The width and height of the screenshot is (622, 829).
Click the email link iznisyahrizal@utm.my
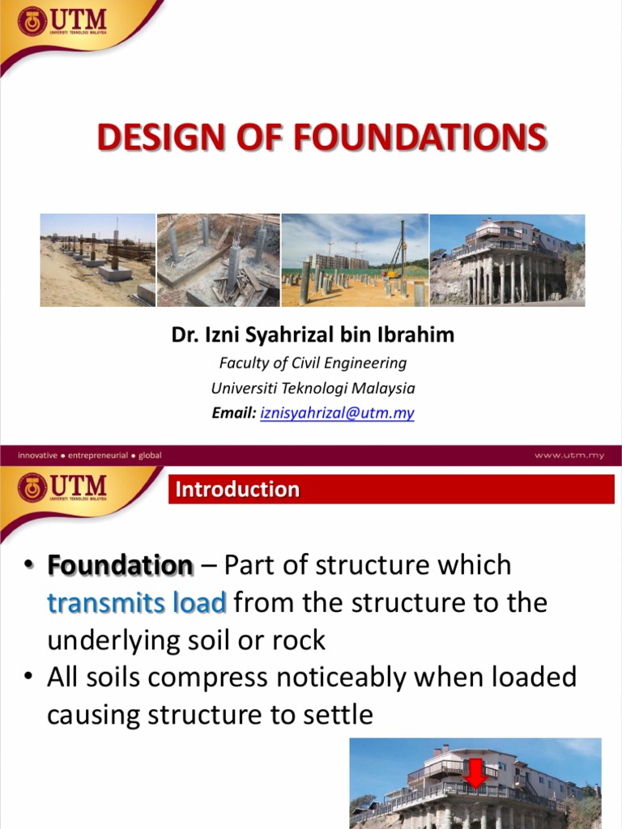pyautogui.click(x=337, y=413)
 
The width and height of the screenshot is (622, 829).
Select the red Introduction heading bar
pyautogui.click(x=391, y=490)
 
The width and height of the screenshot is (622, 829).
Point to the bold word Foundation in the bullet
pyautogui.click(x=121, y=565)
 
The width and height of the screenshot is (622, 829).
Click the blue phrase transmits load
pyautogui.click(x=136, y=603)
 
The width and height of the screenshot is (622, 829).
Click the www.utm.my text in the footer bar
pyautogui.click(x=567, y=455)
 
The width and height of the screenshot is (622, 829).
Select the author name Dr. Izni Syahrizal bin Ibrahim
pyautogui.click(x=313, y=335)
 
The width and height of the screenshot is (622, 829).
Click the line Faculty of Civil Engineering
pyautogui.click(x=313, y=363)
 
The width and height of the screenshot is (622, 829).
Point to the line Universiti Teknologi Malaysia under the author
pyautogui.click(x=313, y=388)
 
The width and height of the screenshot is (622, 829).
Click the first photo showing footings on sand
pyautogui.click(x=97, y=260)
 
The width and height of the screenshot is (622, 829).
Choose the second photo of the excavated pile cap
pyautogui.click(x=218, y=260)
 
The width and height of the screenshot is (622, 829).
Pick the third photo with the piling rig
pyautogui.click(x=355, y=260)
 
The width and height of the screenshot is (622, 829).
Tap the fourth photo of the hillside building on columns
pyautogui.click(x=507, y=260)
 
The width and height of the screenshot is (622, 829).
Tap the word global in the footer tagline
pyautogui.click(x=150, y=455)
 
